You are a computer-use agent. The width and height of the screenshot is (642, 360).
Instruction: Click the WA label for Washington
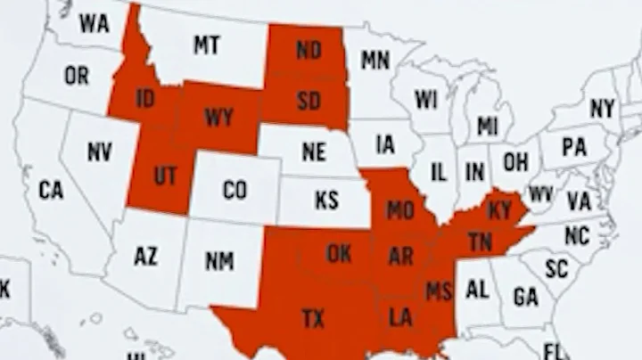tap(94, 23)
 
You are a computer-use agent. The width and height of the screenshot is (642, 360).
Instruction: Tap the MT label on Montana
tap(206, 45)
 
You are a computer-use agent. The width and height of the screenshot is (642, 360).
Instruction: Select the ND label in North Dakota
tap(309, 50)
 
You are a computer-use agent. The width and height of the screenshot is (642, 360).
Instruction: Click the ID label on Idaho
tap(145, 99)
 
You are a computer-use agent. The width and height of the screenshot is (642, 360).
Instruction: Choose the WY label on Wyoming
tap(218, 117)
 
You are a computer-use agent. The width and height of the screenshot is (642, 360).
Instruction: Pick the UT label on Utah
tap(165, 176)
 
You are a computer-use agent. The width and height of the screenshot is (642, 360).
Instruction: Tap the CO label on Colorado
tap(235, 190)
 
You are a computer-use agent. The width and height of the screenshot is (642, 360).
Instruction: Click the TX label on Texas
tap(313, 317)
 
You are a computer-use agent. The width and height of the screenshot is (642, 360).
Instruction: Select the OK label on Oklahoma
tap(339, 253)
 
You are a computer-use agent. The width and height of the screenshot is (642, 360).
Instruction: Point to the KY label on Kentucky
tap(501, 210)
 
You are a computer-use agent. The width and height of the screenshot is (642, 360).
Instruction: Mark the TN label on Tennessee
tap(481, 241)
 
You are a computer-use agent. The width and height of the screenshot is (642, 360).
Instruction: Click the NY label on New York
tap(603, 109)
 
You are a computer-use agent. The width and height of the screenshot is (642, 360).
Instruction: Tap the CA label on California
tap(51, 190)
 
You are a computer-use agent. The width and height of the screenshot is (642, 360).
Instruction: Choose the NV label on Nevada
tap(99, 151)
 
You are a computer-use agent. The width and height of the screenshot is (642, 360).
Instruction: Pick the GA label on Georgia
tap(526, 296)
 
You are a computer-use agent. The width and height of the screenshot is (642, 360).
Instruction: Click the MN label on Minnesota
tap(375, 61)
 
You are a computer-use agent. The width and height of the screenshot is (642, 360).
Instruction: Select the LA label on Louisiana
tap(400, 316)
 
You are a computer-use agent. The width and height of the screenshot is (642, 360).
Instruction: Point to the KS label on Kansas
tap(327, 199)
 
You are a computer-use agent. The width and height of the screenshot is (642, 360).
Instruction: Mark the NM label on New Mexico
tap(219, 260)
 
